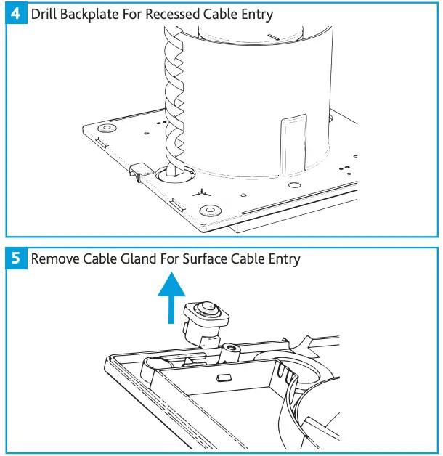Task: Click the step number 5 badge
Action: click(x=16, y=258)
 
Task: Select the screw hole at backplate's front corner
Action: click(x=211, y=209)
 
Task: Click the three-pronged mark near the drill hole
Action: click(x=202, y=193)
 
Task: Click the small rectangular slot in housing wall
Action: click(x=224, y=377)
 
